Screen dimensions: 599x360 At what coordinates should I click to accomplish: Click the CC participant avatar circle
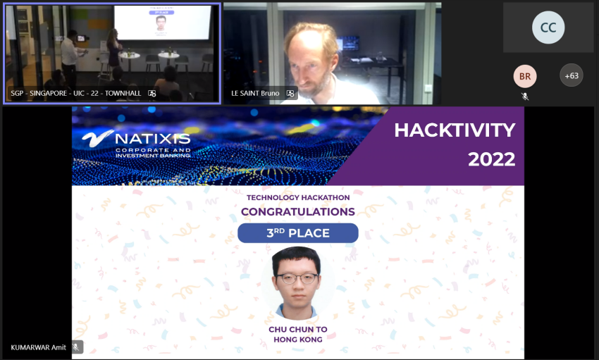(x=548, y=27)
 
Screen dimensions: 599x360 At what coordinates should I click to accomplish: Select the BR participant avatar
(x=525, y=76)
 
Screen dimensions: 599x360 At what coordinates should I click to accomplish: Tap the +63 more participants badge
(x=572, y=75)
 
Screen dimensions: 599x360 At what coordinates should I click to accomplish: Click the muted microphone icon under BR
(x=525, y=97)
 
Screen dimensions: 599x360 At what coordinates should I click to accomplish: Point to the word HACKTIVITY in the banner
(x=455, y=130)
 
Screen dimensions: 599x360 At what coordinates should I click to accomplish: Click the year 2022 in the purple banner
(x=492, y=159)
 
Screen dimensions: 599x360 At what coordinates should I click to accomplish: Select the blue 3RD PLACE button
(x=298, y=233)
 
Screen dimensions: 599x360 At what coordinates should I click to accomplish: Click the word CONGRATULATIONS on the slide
(x=298, y=211)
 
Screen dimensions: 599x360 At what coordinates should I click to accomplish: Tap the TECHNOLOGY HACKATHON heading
(x=298, y=197)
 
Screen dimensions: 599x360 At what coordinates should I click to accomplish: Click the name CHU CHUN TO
(x=298, y=329)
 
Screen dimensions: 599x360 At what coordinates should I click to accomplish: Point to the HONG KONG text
(x=298, y=340)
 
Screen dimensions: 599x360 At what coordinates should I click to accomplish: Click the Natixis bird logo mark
(x=97, y=138)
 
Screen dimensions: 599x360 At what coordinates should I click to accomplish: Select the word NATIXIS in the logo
(x=153, y=139)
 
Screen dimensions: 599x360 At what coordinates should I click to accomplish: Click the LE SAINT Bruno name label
(x=255, y=93)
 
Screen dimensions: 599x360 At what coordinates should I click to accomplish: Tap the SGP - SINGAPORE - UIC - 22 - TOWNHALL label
(x=76, y=93)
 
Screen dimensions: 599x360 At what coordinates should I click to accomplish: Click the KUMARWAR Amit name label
(x=38, y=347)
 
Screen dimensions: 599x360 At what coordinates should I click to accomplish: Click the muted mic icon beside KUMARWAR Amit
(x=76, y=347)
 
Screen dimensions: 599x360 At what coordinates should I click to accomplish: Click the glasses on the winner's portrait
(x=297, y=278)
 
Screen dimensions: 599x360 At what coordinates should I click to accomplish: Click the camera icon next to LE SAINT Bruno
(x=290, y=93)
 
